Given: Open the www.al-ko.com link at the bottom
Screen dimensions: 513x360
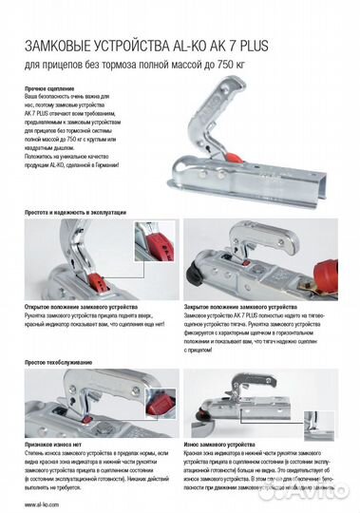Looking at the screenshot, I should [x=44, y=504].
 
